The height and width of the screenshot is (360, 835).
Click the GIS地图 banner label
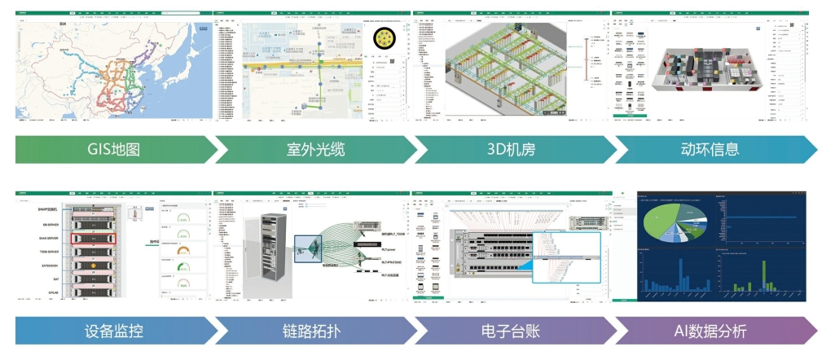point(114,150)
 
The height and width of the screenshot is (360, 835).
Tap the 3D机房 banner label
point(514,150)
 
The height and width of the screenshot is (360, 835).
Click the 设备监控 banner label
point(114,331)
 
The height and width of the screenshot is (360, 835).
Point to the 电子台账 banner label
point(514,331)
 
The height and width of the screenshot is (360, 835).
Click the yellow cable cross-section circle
point(385,38)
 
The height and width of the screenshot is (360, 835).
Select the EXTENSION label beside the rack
point(47,266)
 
